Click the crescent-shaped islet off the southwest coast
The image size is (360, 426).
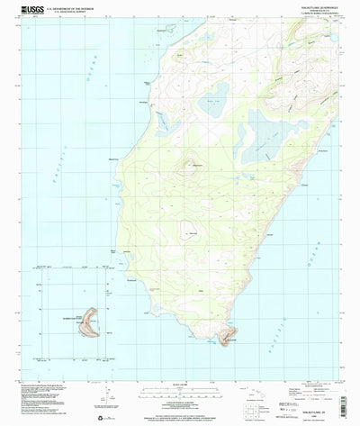pos(90,322)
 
